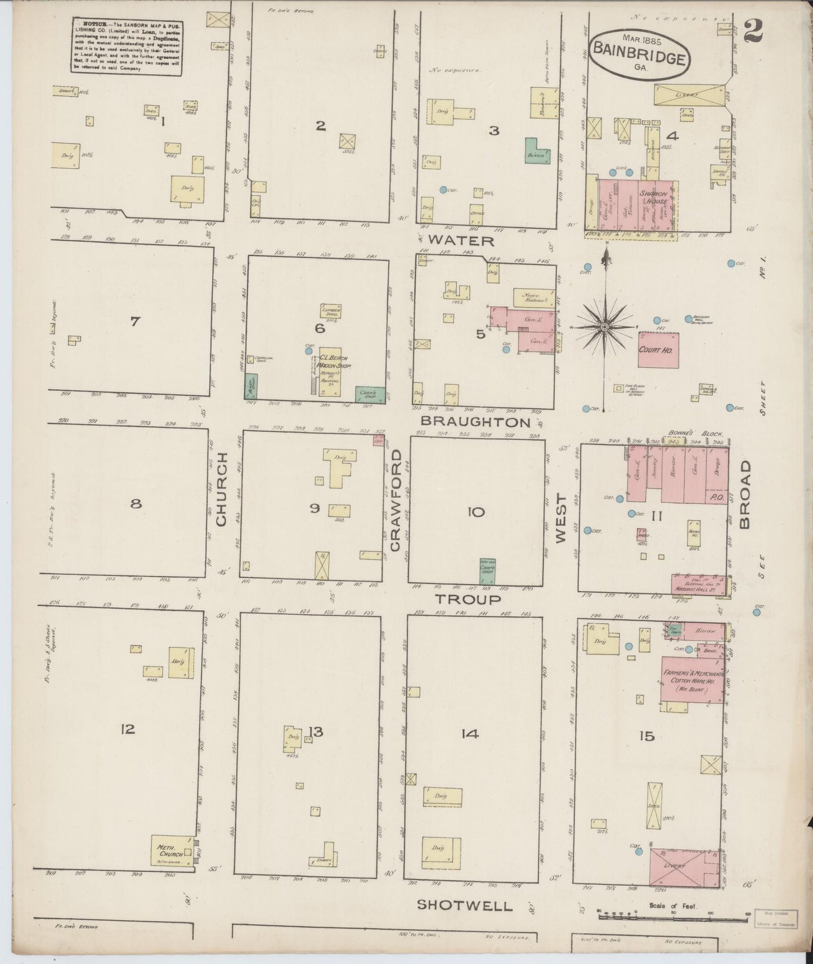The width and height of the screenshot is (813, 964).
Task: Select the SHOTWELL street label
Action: (x=465, y=905)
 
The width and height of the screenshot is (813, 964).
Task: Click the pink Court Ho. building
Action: (x=658, y=349)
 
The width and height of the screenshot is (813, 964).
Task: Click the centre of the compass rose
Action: (x=604, y=327)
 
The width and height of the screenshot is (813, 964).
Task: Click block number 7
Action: (x=134, y=322)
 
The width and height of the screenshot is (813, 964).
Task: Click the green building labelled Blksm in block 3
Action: (x=538, y=151)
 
